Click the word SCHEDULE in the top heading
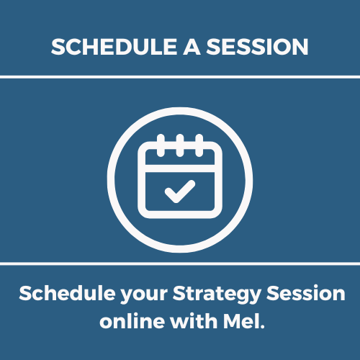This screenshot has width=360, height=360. pos(114,47)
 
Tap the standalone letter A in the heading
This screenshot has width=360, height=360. pos(192,47)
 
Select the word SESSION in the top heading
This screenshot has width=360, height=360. pos(257,47)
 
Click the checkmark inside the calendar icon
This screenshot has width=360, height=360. pos(180,192)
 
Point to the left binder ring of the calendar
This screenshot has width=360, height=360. pos(161,145)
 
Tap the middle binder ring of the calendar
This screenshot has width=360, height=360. pos(180,145)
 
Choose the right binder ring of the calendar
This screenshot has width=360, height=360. pos(199,145)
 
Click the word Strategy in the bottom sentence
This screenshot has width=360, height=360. pos(217,294)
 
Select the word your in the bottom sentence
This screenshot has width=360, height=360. pos(144,296)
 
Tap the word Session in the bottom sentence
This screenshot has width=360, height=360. pos(306,293)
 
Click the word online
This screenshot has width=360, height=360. pos(132,321)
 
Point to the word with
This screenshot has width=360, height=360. pos(194,321)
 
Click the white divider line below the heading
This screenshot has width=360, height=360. pos(180,77)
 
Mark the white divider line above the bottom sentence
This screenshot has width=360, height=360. pos(180,264)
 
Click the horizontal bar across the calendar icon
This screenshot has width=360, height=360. pos(180,168)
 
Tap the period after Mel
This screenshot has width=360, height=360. pos(262,327)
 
